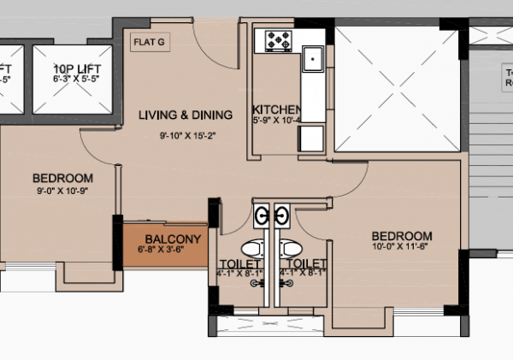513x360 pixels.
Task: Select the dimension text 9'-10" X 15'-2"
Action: (x=186, y=135)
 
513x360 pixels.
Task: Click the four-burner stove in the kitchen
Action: (x=279, y=39)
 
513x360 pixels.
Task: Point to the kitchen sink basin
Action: (x=314, y=59)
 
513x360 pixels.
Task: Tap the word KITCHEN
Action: (x=276, y=110)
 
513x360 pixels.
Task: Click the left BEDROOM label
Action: (x=62, y=178)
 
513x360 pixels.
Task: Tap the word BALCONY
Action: (x=172, y=239)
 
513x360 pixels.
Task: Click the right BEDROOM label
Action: (x=402, y=236)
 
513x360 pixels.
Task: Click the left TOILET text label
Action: (x=240, y=263)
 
